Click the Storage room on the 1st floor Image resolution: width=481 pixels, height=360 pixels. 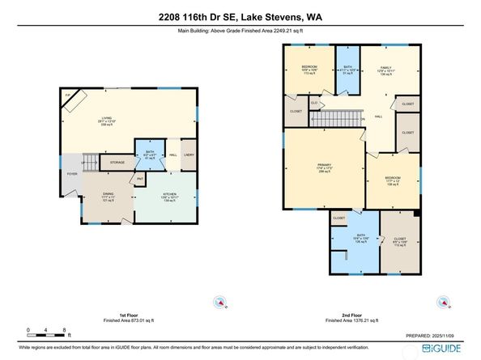[117, 161]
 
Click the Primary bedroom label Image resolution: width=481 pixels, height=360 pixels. [325, 168]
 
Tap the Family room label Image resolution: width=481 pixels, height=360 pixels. [389, 70]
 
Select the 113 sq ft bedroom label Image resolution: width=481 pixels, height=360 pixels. [309, 68]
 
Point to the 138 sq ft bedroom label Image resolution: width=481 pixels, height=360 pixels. [392, 181]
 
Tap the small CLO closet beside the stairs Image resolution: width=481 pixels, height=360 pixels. [313, 104]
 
